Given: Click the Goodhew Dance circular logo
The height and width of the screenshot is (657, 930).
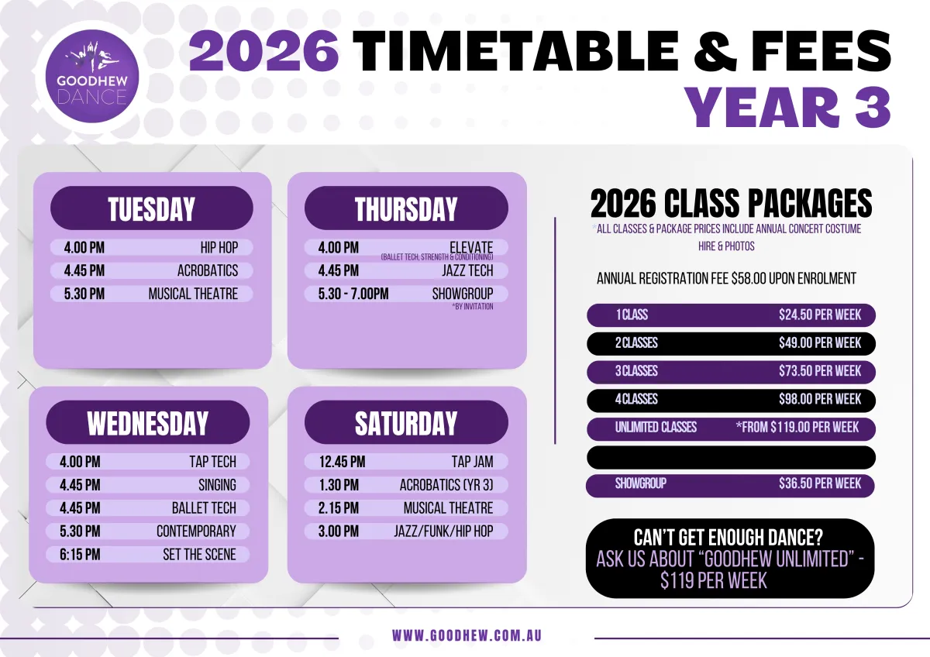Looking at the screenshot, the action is (x=92, y=77).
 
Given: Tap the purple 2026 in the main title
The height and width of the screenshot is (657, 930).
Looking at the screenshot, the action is (x=263, y=50).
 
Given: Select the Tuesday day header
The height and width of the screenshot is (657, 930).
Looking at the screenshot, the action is (x=152, y=208).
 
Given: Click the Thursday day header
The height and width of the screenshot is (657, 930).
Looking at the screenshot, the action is (x=406, y=208).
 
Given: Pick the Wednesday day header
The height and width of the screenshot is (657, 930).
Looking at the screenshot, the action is (x=148, y=422).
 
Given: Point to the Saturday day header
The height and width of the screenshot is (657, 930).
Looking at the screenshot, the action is (x=406, y=422).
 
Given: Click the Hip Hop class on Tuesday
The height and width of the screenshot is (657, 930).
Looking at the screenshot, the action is (x=219, y=248).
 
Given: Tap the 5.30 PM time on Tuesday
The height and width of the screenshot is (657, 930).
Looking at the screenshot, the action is (x=84, y=294).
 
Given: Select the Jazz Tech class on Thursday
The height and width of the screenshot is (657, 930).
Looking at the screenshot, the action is (x=467, y=270).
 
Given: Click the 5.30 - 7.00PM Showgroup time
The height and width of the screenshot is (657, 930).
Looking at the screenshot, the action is (x=353, y=294).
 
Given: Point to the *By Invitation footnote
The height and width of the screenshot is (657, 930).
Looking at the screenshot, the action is (x=473, y=307).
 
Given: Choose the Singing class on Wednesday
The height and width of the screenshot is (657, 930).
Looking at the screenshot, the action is (x=217, y=485).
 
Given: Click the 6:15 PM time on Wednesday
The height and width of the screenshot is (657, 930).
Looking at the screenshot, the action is (x=80, y=555).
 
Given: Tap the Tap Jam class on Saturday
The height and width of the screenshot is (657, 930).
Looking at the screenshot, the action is (x=473, y=462).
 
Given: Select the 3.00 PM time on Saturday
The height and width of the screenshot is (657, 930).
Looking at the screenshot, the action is (x=339, y=531).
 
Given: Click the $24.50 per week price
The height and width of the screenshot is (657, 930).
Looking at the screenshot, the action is (x=820, y=315).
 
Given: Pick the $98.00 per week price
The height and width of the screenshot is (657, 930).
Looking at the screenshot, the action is (x=820, y=399).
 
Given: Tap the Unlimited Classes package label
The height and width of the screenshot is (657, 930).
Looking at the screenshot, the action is (x=656, y=428).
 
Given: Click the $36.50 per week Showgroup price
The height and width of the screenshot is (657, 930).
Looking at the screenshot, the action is (x=820, y=483).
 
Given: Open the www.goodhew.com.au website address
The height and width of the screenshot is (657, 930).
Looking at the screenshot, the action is (x=467, y=636).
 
